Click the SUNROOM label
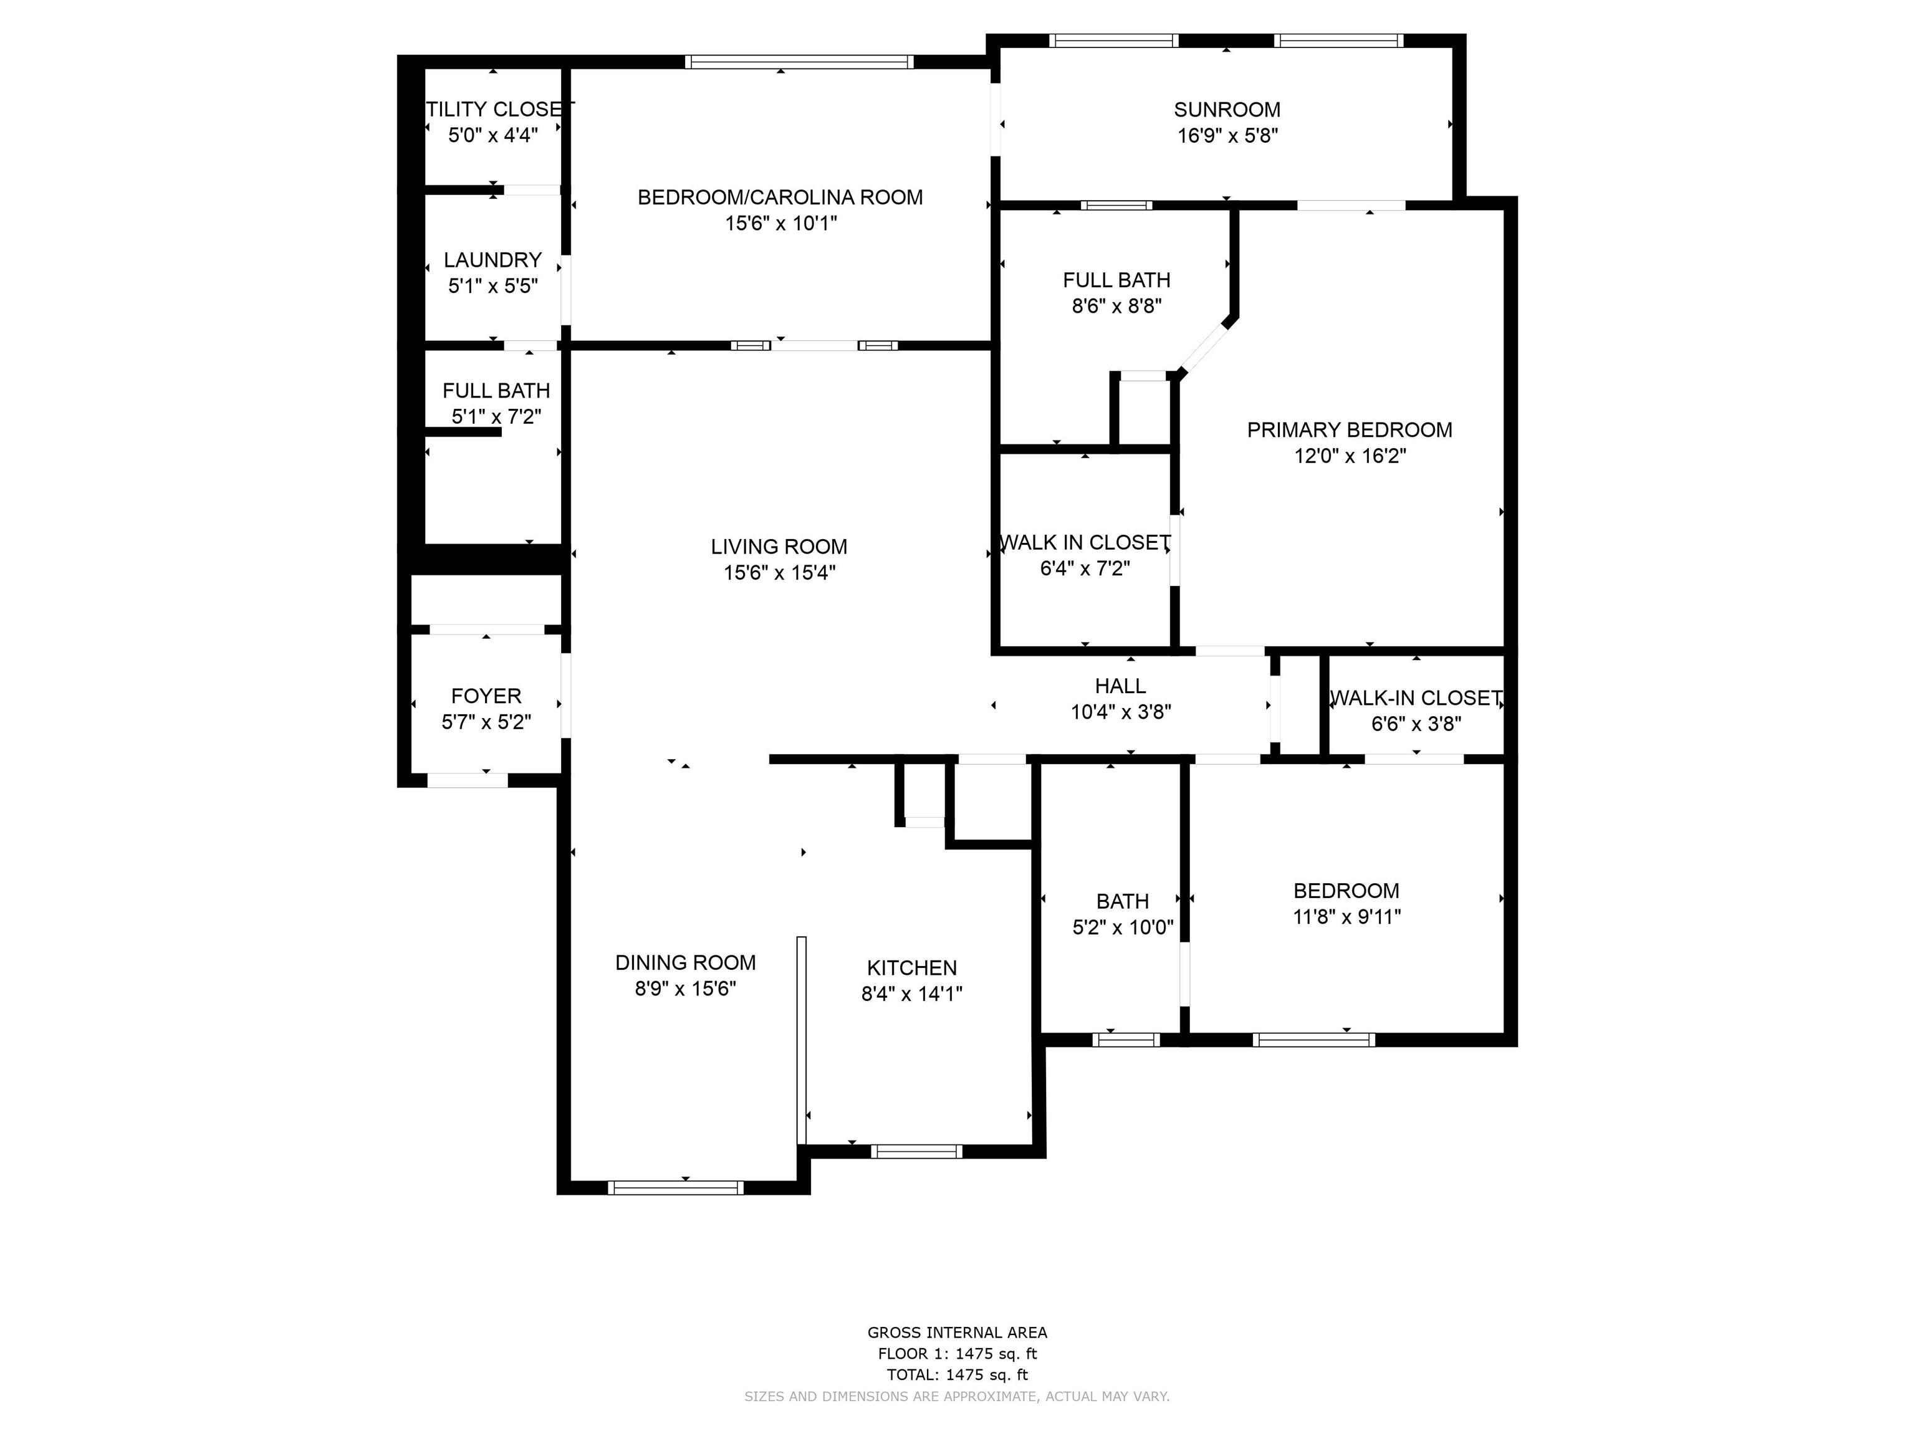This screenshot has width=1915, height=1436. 1227,110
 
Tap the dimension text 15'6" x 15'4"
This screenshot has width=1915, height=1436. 779,573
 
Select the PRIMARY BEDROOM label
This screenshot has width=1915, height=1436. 1349,430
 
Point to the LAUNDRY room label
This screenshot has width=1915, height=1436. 492,260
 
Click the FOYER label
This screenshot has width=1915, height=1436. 486,696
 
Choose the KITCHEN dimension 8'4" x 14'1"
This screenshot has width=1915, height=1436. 911,993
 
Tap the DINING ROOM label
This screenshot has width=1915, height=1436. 685,962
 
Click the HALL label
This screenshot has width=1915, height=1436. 1120,686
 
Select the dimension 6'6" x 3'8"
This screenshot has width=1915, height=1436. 1416,724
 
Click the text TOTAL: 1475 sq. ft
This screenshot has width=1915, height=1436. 957,1374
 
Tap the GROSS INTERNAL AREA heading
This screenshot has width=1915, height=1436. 957,1333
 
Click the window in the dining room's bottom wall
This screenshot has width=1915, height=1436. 675,1187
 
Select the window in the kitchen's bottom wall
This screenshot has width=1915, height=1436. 916,1151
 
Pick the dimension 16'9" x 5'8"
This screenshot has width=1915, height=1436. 1227,136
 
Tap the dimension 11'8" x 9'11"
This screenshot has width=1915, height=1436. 1346,917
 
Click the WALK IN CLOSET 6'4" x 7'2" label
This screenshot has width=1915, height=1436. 1085,543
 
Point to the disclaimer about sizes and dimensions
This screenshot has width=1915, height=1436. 957,1396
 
